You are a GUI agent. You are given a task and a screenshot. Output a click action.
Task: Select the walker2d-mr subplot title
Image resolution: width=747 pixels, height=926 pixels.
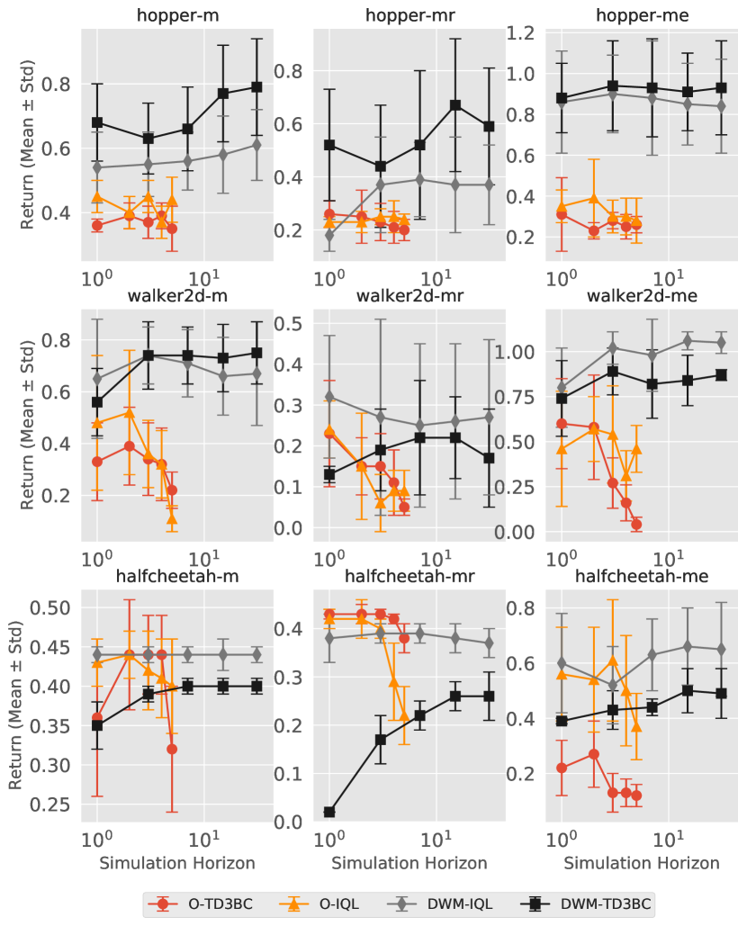(409, 297)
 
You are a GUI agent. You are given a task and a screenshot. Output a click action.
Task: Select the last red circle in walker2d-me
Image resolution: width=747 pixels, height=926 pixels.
(636, 524)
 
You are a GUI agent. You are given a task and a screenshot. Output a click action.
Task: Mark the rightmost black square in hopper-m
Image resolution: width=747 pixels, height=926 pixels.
(256, 87)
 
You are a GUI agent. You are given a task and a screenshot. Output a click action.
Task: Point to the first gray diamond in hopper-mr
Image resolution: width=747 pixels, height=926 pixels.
(329, 236)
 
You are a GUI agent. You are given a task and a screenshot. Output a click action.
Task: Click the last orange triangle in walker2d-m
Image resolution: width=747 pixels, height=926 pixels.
(172, 519)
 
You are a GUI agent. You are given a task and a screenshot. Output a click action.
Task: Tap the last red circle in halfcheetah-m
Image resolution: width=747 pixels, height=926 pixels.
(172, 749)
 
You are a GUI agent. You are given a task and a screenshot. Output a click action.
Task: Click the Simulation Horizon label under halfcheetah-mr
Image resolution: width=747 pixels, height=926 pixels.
(409, 863)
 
